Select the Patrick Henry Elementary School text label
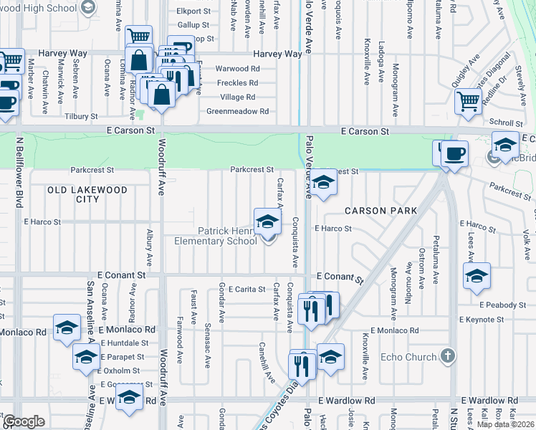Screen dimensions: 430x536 216,236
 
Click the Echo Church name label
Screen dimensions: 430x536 408,357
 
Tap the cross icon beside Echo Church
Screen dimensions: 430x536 447,356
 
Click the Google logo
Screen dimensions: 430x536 24,421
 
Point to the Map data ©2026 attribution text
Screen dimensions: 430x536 504,424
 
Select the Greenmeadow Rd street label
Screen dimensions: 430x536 237,111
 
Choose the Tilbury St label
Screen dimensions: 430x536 80,116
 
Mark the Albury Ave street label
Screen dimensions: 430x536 149,247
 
